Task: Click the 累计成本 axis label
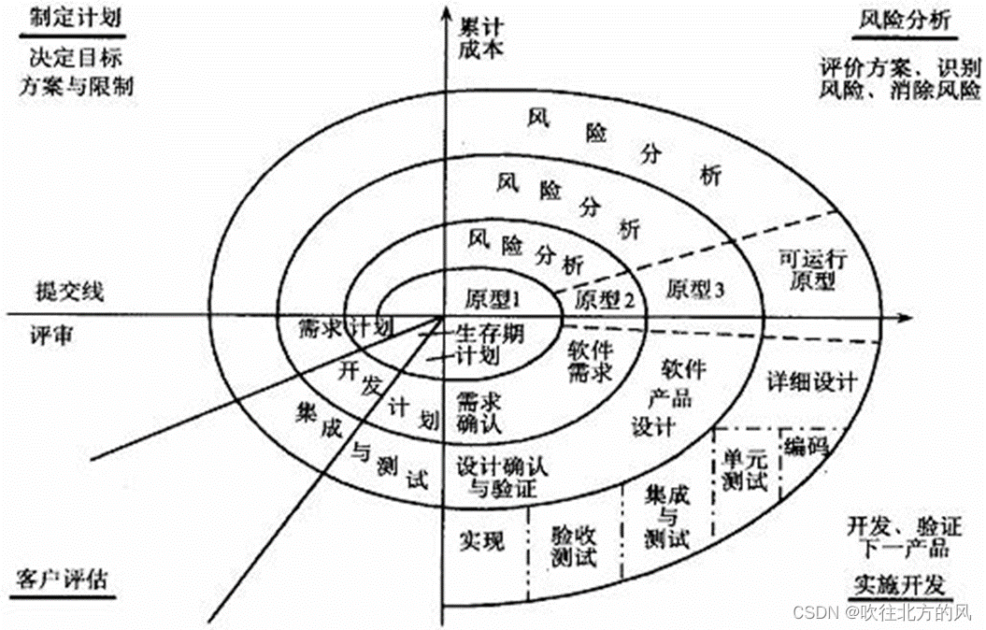(x=482, y=36)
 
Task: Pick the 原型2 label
(x=605, y=300)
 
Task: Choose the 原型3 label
(x=695, y=290)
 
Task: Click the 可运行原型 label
(x=811, y=270)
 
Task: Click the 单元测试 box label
(x=745, y=468)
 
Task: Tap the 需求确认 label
(x=479, y=413)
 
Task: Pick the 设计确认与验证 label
(x=495, y=473)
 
